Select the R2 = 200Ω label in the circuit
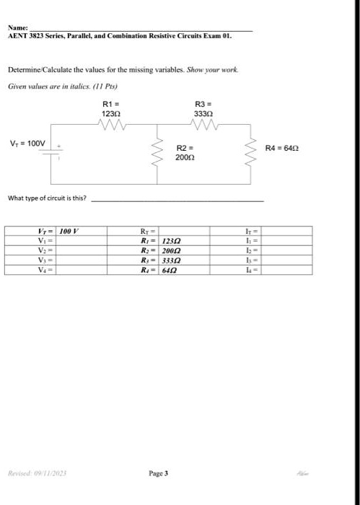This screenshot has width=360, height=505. pos(185,151)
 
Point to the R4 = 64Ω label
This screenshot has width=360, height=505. pos(280,148)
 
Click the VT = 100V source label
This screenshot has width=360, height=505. pos(28,143)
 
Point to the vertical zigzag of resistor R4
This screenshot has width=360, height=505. pos(250,150)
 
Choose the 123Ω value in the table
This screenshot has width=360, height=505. pos(171,240)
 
